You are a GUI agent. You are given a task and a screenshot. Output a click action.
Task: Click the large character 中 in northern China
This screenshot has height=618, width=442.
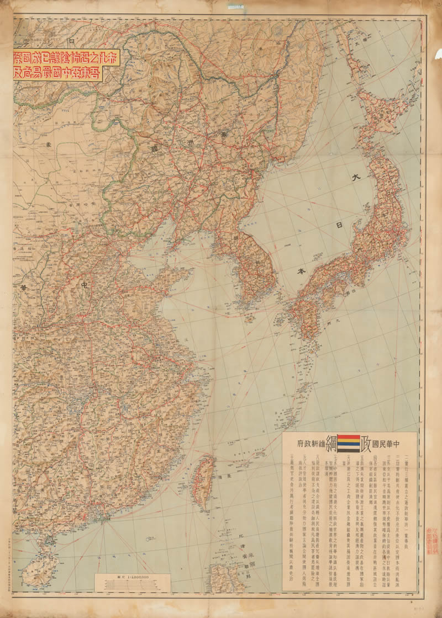85,285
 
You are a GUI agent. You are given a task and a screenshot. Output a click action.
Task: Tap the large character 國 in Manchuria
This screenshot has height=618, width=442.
152,148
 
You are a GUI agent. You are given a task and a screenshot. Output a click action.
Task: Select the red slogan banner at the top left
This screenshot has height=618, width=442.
57,65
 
